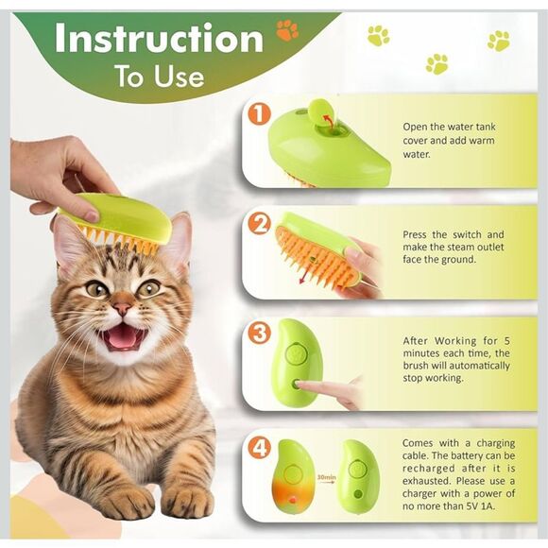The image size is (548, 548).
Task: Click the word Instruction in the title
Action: coord(159,39)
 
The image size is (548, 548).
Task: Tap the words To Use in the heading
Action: coord(159,77)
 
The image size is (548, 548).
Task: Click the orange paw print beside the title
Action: coord(286,30)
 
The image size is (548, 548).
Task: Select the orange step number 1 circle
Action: coord(259,115)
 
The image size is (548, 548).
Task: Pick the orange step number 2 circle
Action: coord(259,224)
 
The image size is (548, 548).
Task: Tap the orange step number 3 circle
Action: coord(259,333)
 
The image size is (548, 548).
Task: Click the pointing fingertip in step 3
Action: coord(300,385)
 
